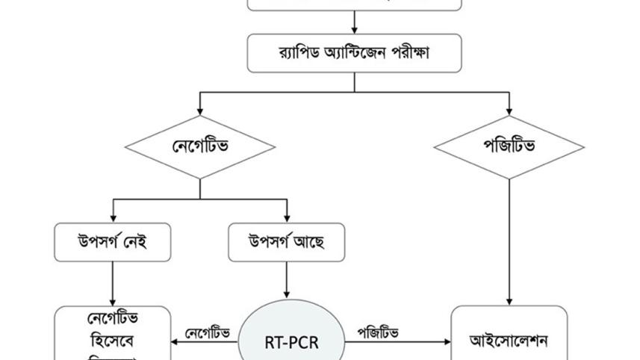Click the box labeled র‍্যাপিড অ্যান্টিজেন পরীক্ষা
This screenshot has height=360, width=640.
click(354, 53)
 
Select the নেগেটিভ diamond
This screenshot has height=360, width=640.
click(200, 146)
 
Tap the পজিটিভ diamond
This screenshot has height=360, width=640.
click(509, 146)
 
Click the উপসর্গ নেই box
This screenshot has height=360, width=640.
click(113, 242)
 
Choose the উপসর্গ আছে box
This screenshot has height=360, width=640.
click(287, 242)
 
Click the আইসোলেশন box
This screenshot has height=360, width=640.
click(509, 341)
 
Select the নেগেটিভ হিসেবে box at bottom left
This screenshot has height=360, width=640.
click(113, 336)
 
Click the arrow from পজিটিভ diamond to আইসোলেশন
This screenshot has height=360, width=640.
click(509, 239)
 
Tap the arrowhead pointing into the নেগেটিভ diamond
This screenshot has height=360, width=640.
click(200, 111)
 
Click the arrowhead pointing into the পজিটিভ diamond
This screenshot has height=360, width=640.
click(509, 111)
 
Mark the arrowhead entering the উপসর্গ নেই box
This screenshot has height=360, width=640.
click(113, 218)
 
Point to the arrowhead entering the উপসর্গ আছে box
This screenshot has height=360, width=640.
click(287, 218)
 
